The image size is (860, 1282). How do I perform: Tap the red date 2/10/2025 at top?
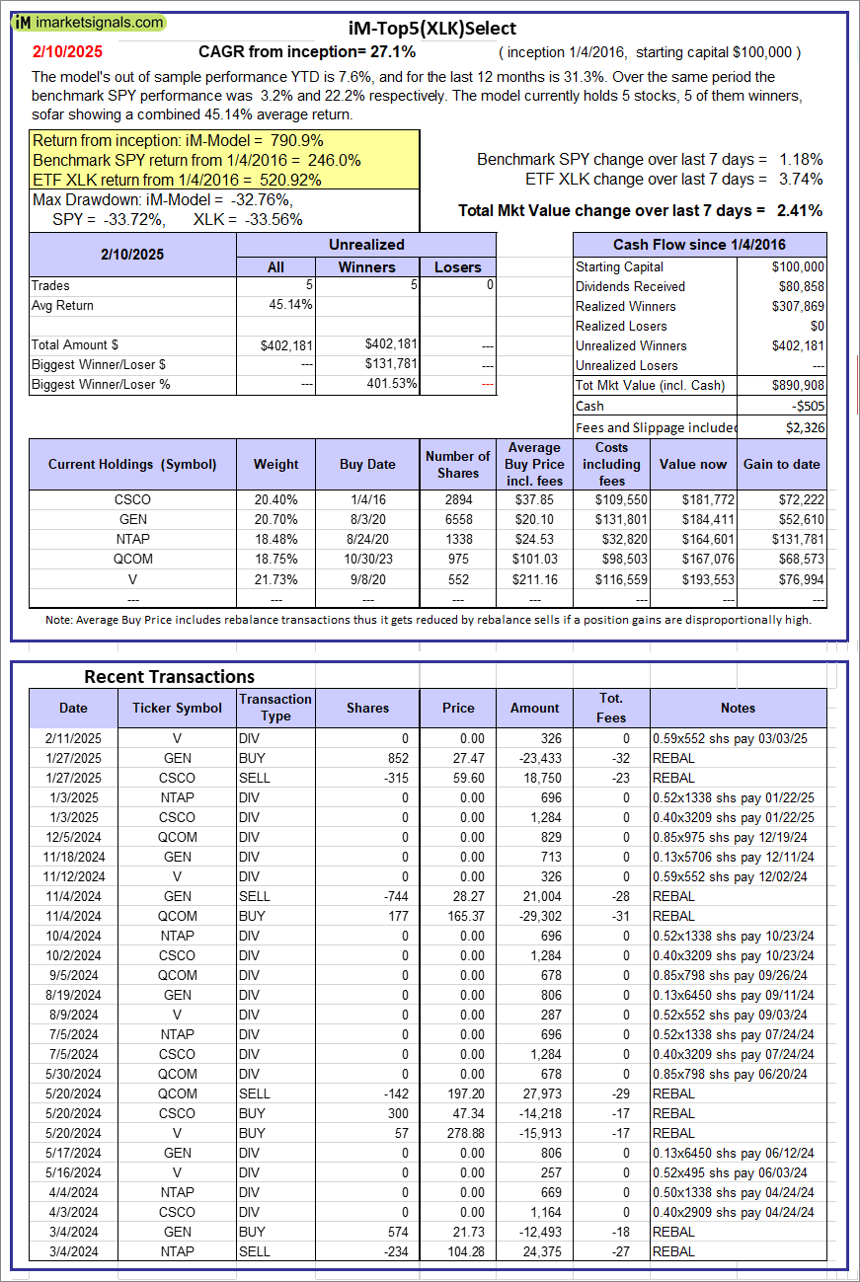(x=66, y=51)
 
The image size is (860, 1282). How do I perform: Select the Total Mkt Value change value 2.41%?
(x=800, y=210)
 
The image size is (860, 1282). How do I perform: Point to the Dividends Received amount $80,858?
(x=800, y=286)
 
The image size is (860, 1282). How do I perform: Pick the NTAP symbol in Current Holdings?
(x=132, y=539)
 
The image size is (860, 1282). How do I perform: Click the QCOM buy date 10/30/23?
(x=367, y=559)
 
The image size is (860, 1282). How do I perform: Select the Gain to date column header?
(x=782, y=464)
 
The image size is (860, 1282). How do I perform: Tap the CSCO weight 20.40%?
(x=275, y=499)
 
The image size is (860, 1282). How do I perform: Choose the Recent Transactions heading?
(x=169, y=676)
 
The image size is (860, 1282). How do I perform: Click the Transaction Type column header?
(x=275, y=708)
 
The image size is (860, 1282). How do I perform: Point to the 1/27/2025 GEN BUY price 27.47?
(x=458, y=758)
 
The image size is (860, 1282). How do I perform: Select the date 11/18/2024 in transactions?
(x=73, y=857)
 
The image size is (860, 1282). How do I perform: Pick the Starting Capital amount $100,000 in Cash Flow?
(x=799, y=266)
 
